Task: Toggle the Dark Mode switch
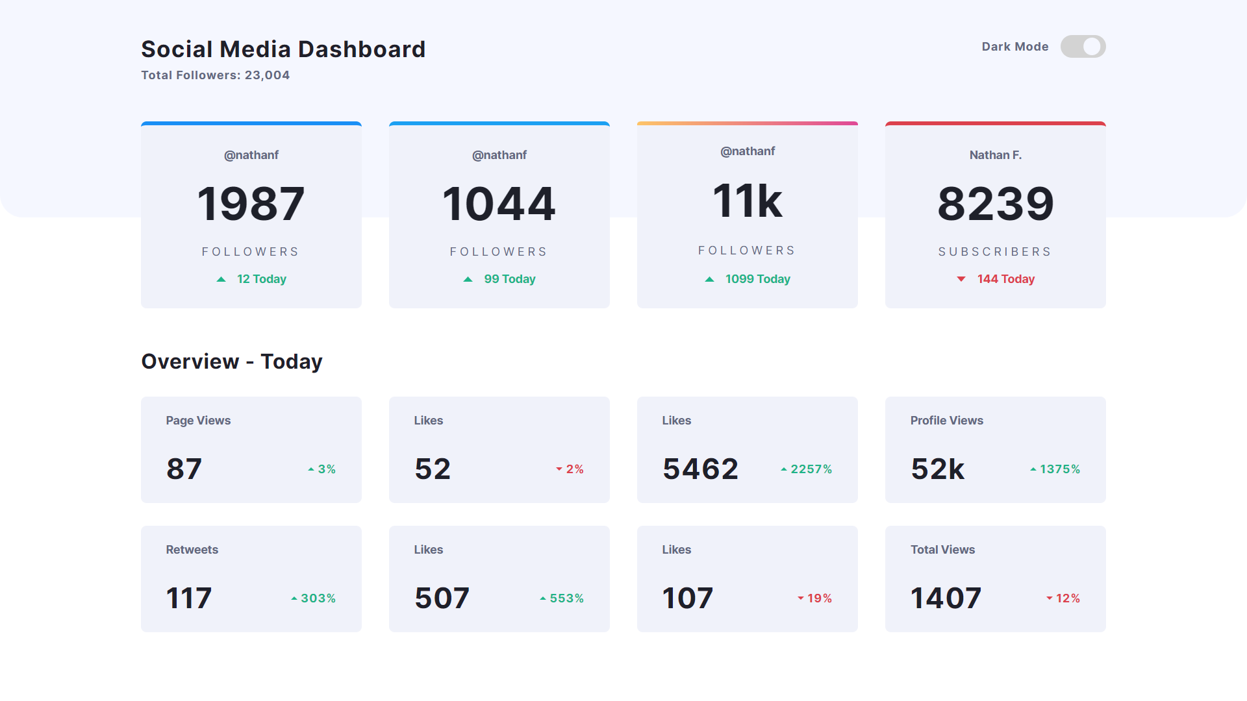click(1083, 47)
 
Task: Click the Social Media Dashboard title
click(283, 49)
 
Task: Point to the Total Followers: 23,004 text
click(216, 75)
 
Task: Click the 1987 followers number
click(251, 204)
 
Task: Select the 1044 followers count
click(499, 204)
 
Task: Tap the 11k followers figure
click(747, 201)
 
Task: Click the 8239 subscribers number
click(995, 204)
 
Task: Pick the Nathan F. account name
click(995, 155)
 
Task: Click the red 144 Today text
click(1005, 279)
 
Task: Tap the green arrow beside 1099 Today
click(709, 279)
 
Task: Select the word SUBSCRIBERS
click(995, 252)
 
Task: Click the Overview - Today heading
click(232, 362)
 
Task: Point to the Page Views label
click(198, 421)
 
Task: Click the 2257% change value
click(811, 469)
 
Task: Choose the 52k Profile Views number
click(937, 469)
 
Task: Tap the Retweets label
click(192, 550)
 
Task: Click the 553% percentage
click(566, 598)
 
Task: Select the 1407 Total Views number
click(946, 598)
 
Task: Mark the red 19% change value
click(819, 598)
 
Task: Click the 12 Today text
click(261, 279)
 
